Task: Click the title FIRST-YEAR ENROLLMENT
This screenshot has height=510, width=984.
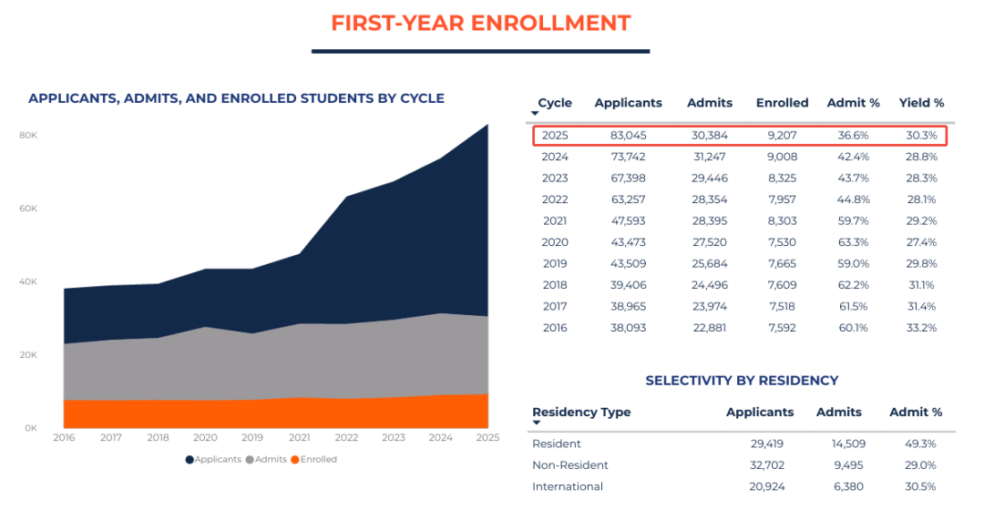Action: [480, 23]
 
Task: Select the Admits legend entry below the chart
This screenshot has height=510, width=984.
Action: [267, 460]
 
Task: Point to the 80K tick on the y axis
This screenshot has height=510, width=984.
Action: [27, 136]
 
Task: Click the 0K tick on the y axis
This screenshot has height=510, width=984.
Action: [29, 428]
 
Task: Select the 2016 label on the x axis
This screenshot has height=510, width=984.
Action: [64, 438]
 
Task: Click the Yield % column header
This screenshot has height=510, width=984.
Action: [921, 103]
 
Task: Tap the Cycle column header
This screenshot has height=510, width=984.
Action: [555, 103]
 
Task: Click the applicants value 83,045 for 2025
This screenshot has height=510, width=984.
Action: [628, 136]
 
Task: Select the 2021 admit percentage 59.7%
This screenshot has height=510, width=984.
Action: [853, 220]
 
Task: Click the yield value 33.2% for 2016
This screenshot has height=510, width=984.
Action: [921, 328]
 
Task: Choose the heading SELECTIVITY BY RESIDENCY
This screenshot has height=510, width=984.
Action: [742, 381]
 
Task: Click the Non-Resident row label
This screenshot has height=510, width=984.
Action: [570, 465]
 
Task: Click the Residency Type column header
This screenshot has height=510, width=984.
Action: [581, 413]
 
